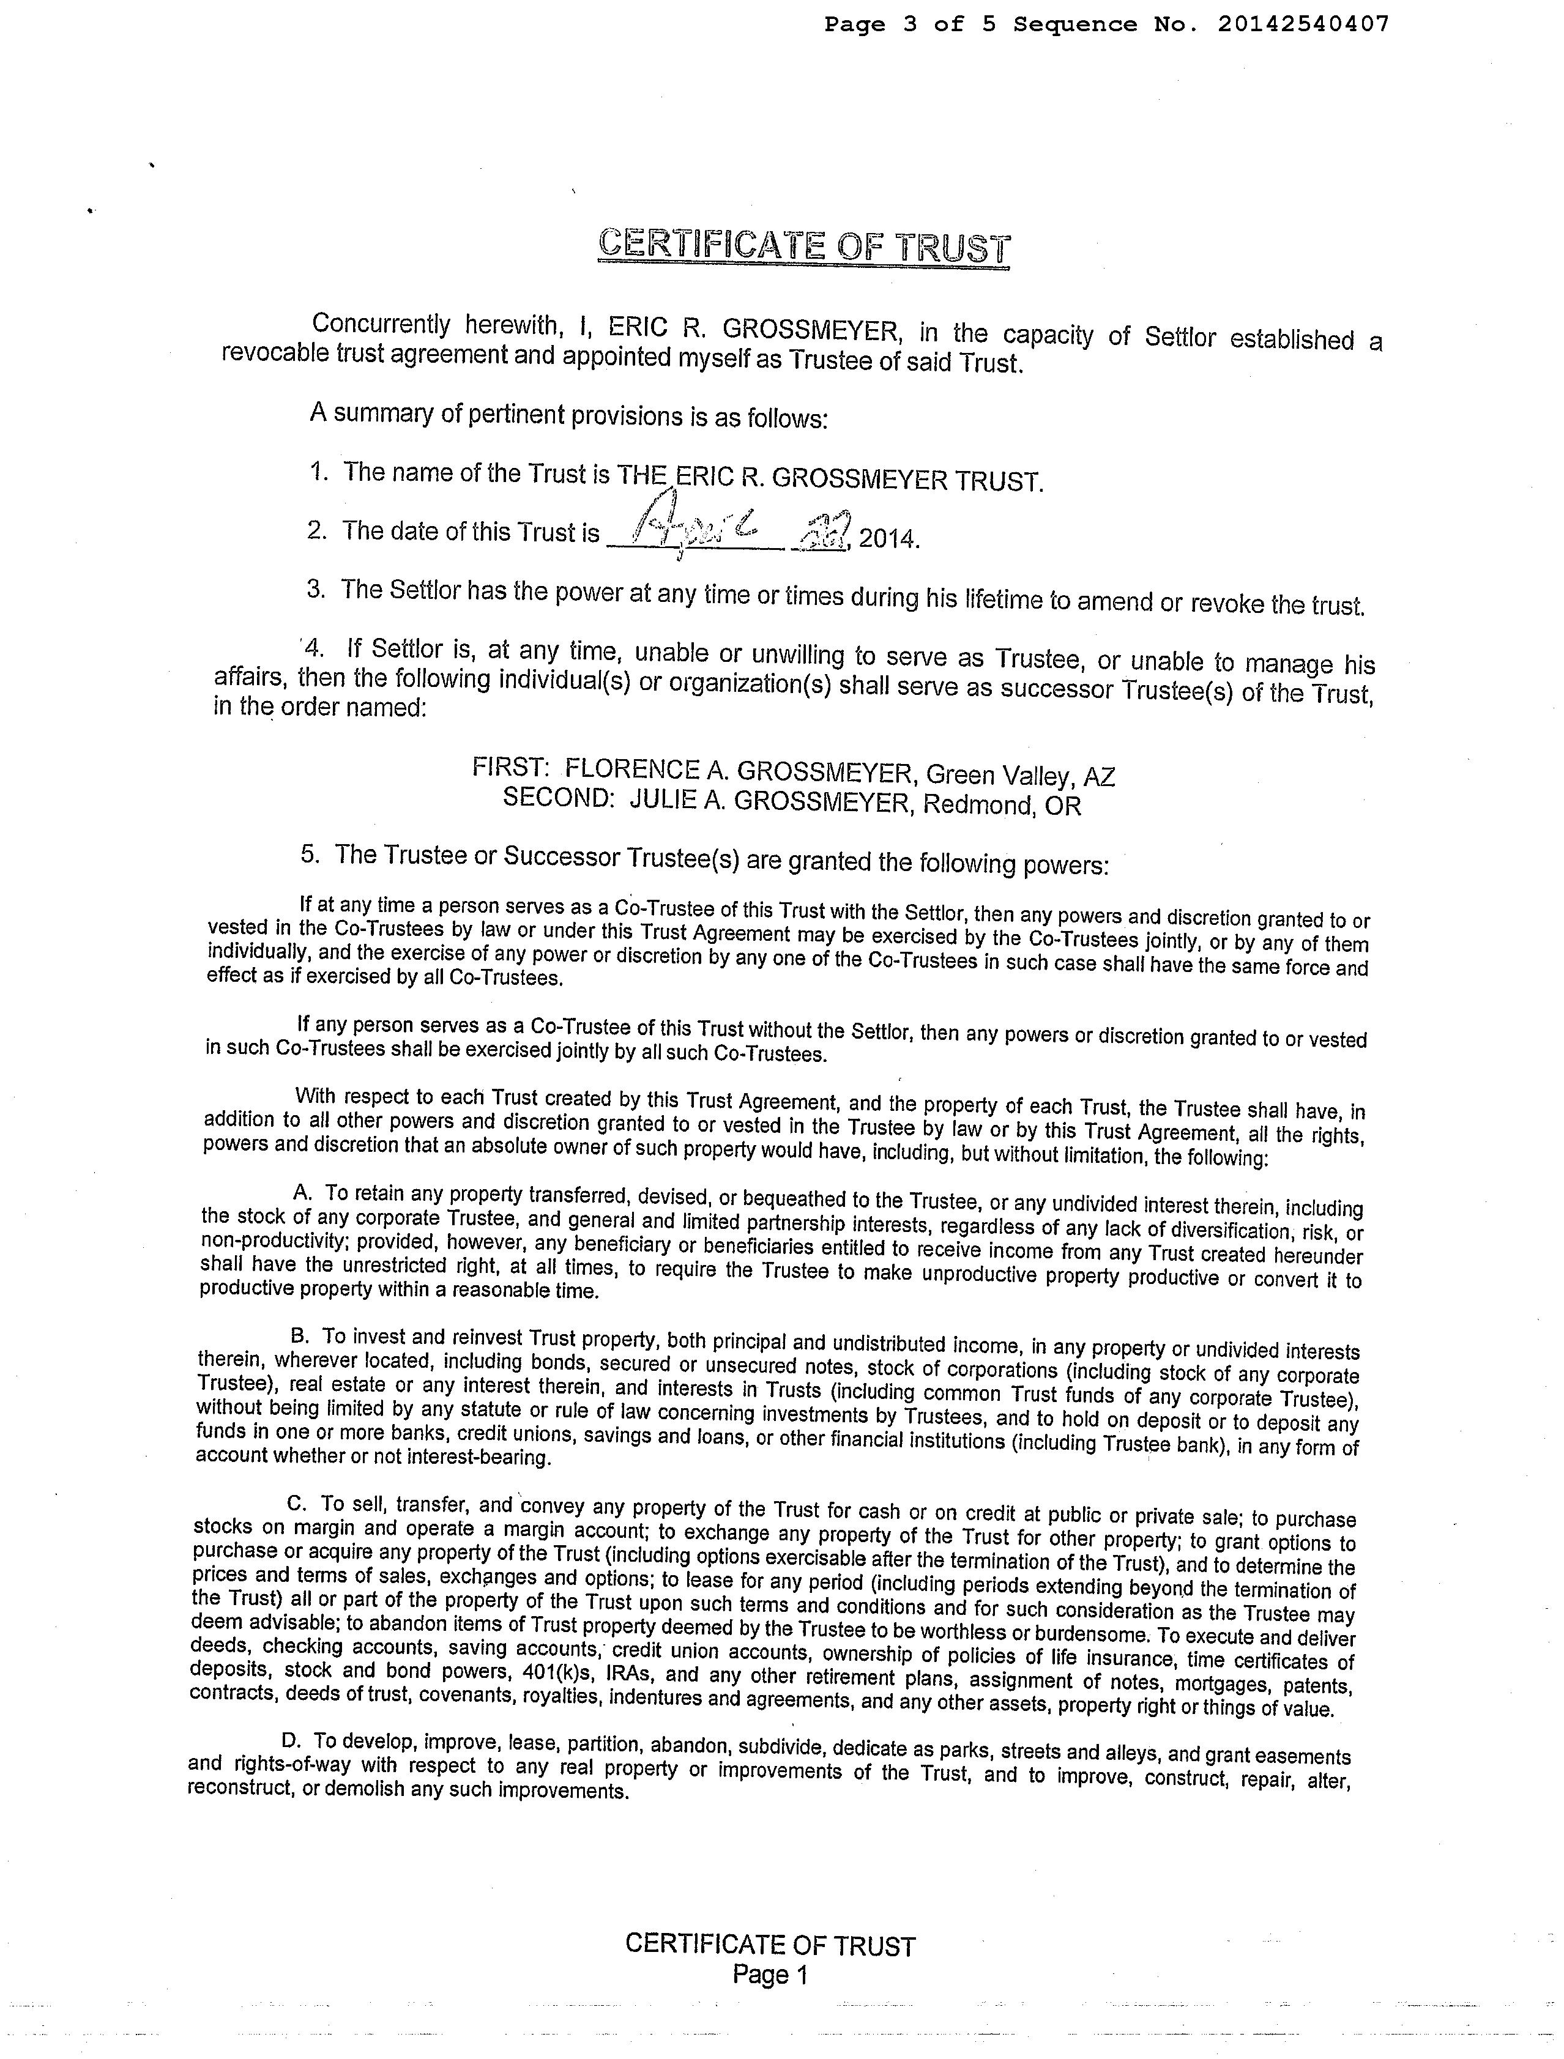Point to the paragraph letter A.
pyautogui.click(x=300, y=1192)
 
